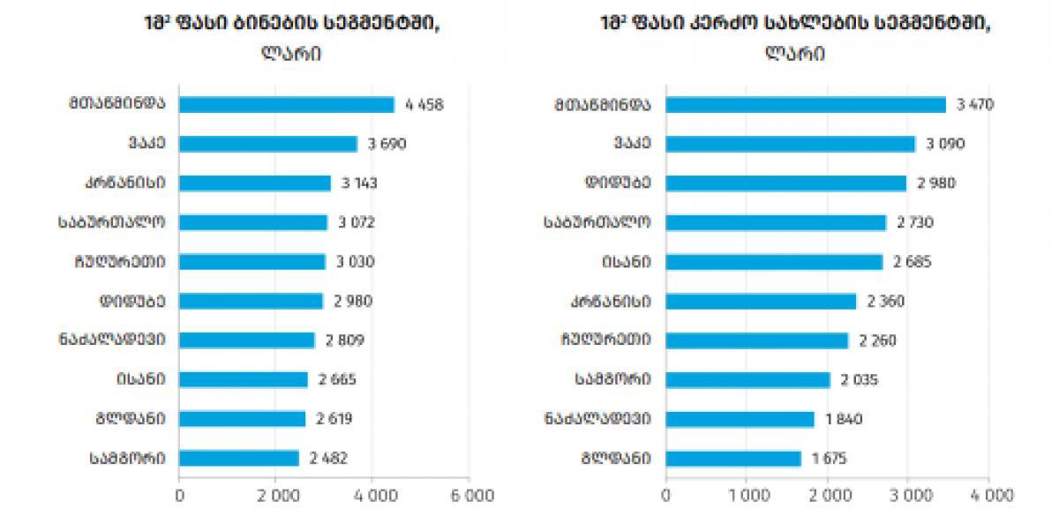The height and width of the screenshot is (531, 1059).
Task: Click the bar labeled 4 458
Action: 287,104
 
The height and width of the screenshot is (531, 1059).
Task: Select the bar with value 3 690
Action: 268,144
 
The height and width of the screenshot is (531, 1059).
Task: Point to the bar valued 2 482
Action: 239,459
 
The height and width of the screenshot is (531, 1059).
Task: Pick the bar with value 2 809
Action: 247,340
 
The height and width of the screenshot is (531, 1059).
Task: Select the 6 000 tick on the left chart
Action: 468,497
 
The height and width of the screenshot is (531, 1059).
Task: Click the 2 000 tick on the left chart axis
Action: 275,497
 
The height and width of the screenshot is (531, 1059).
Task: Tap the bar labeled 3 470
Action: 805,104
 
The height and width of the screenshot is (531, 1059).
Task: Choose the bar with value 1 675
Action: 732,459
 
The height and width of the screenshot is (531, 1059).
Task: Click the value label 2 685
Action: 911,262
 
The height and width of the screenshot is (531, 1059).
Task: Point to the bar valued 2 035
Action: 747,380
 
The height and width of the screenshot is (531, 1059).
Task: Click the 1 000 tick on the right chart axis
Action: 747,497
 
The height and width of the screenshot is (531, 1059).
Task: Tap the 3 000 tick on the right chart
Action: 908,497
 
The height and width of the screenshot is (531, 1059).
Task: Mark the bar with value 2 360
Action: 761,302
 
